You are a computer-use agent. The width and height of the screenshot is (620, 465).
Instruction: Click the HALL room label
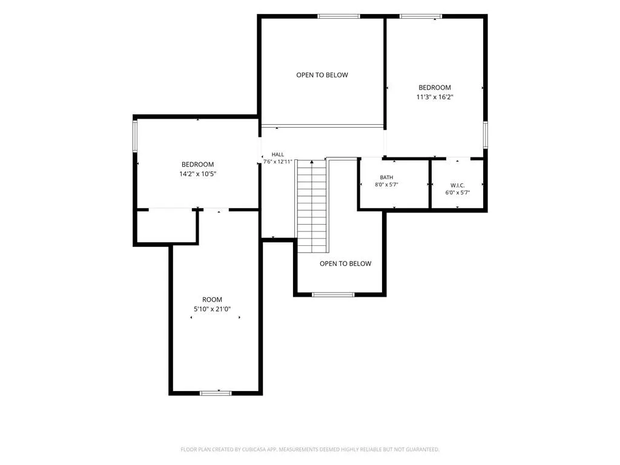pos(277,154)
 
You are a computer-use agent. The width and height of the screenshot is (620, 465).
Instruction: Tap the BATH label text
pos(386,177)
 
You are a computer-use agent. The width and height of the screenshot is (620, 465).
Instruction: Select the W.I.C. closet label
pos(458,185)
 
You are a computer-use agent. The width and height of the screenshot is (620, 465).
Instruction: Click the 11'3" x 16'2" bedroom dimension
pos(435,97)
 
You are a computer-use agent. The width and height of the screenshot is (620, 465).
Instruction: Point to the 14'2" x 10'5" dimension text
pos(198,174)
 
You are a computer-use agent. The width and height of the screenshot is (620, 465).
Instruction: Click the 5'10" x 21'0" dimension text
pos(213,309)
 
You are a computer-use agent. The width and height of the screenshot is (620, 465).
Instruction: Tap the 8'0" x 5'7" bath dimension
pos(386,185)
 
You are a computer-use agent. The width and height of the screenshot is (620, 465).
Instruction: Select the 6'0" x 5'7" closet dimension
pos(458,193)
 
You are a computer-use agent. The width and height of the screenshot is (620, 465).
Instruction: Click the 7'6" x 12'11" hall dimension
pos(277,162)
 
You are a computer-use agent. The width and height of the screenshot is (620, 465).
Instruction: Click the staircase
pos(312,206)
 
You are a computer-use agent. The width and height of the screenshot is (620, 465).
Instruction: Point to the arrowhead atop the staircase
pos(312,162)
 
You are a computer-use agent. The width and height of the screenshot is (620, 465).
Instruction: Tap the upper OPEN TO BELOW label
pos(322,75)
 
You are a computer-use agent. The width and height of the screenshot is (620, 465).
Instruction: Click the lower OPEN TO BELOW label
pos(346,264)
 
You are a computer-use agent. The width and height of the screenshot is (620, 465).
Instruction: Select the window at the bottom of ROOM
pos(216,393)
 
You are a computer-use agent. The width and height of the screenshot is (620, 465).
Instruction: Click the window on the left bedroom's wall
pos(135,136)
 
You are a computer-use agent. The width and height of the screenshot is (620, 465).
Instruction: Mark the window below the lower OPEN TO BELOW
pos(334,295)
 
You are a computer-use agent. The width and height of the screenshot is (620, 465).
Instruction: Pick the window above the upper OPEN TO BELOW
pos(339,16)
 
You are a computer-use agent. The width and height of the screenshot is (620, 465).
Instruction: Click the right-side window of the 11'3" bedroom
pos(485,135)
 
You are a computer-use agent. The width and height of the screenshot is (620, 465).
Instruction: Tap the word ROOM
pos(213,300)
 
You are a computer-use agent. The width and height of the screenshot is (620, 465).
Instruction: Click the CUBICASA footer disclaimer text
pos(310,450)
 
